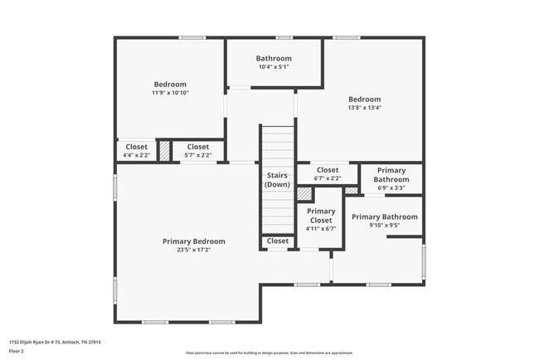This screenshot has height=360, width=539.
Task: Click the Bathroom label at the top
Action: (x=274, y=58)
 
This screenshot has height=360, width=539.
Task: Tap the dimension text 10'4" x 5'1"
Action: (x=274, y=67)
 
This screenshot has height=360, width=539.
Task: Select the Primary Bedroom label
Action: (x=193, y=241)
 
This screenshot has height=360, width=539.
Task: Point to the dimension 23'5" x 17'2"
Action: (x=193, y=251)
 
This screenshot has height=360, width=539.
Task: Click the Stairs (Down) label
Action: (x=277, y=179)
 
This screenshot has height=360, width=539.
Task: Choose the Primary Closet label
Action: (x=321, y=216)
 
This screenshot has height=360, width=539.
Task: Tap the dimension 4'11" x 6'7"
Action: (x=321, y=229)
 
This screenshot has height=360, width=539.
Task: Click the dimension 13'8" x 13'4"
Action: (x=364, y=108)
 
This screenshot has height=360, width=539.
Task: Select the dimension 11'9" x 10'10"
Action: (x=170, y=93)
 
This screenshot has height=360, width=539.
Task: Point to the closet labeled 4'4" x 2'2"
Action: (x=136, y=151)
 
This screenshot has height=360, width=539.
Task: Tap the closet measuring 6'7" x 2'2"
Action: (x=328, y=174)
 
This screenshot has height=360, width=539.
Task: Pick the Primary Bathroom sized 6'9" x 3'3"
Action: (x=391, y=178)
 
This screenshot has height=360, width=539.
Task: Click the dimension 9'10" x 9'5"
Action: (x=384, y=225)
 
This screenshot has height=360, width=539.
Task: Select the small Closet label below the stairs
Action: (x=278, y=241)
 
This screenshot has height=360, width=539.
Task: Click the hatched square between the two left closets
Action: (x=165, y=151)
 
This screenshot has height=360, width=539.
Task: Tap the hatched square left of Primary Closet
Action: (x=305, y=193)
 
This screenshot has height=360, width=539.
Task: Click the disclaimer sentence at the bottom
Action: (x=269, y=353)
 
